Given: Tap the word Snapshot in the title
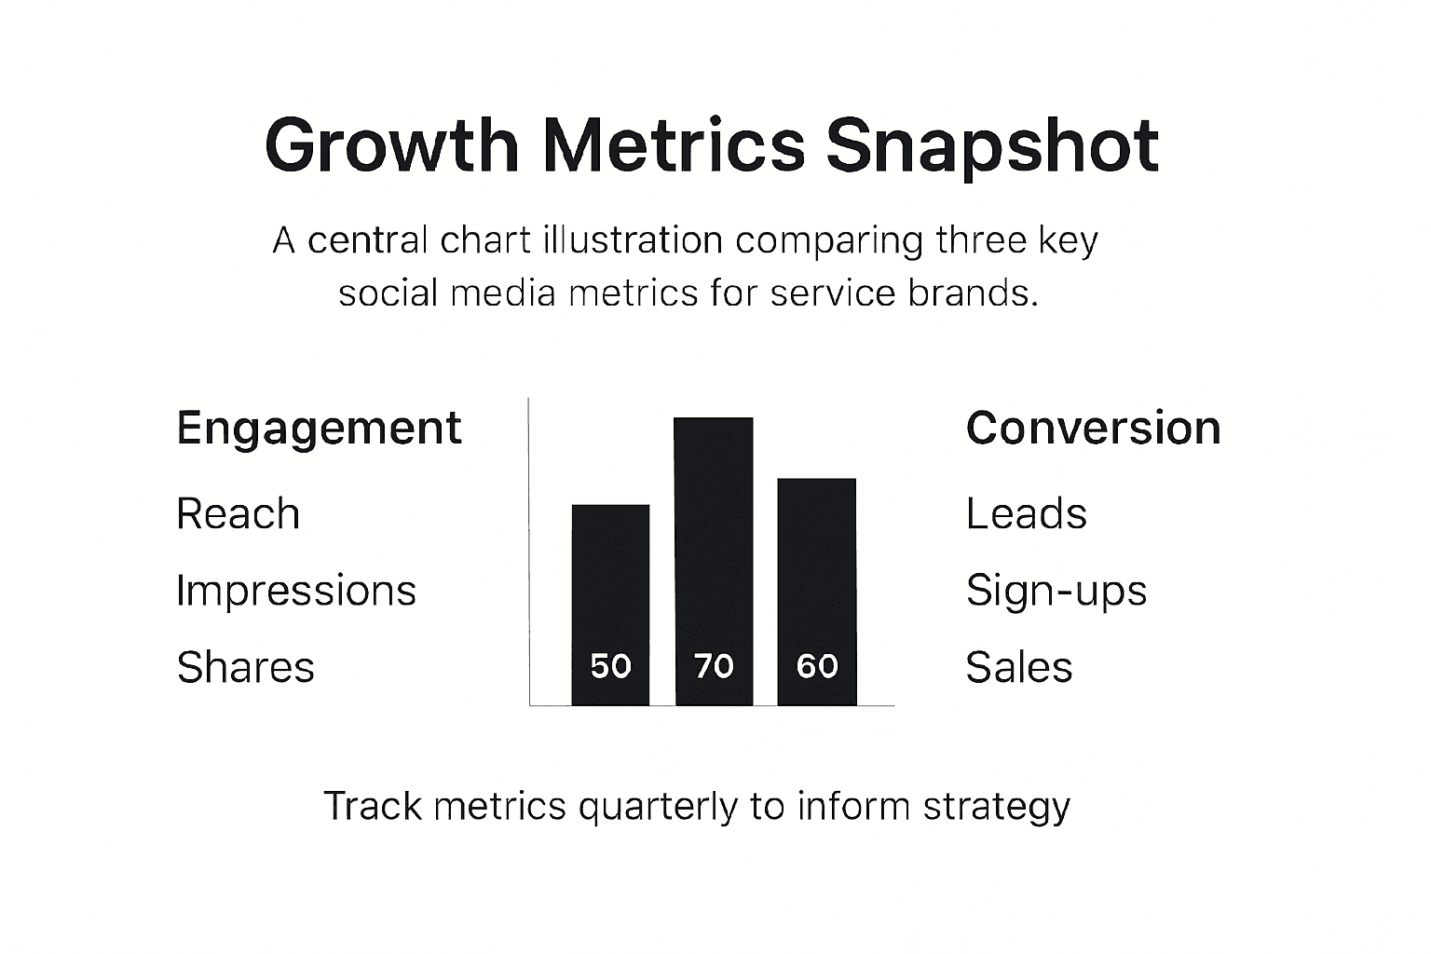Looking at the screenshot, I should (x=992, y=146).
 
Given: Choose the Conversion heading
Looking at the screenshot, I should (x=1093, y=429).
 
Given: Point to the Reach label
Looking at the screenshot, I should (x=238, y=514).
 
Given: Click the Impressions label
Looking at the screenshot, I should (x=295, y=591).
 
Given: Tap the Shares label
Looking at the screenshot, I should (x=245, y=667).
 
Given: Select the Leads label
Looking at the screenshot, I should (x=1026, y=514).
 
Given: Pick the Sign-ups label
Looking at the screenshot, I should (x=1056, y=592).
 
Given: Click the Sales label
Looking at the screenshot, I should (x=1018, y=667).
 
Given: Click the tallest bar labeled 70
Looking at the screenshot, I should (x=714, y=540).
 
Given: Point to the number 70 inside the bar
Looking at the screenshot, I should (x=714, y=666).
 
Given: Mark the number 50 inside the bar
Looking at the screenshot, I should (x=610, y=666).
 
